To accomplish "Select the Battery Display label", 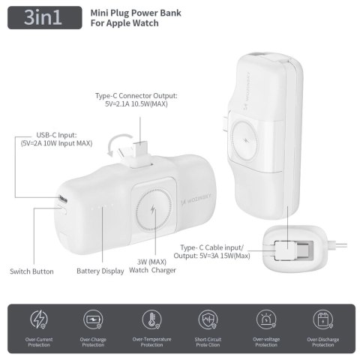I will click(x=100, y=271).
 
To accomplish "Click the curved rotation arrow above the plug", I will click(x=117, y=143).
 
